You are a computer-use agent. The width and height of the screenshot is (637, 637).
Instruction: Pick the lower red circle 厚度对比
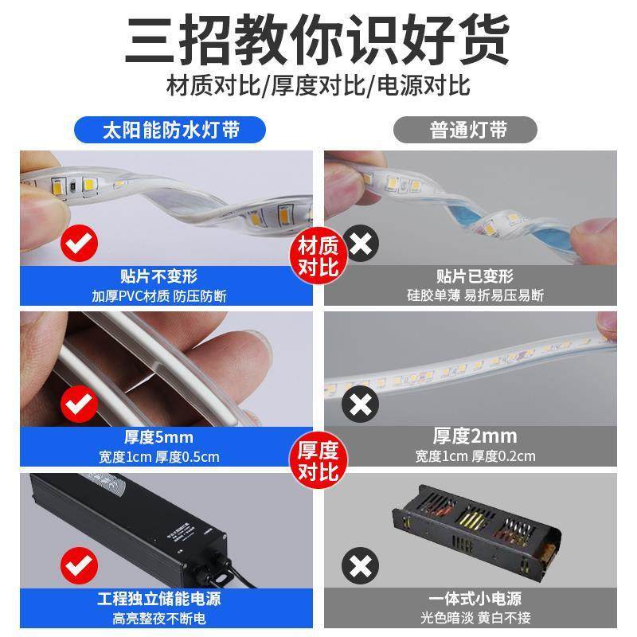318,459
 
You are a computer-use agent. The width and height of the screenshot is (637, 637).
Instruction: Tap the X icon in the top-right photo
361,243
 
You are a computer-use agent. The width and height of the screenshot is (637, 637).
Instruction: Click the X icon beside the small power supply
361,566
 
